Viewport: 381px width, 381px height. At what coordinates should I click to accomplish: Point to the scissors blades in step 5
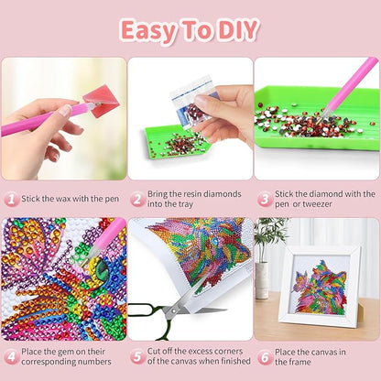[201, 309]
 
